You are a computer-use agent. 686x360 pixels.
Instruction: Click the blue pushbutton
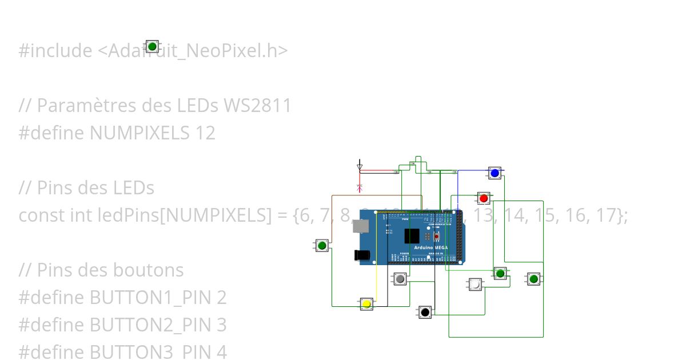(495, 173)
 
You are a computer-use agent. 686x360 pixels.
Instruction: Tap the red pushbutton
(484, 198)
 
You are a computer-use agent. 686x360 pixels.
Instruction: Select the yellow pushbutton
(366, 303)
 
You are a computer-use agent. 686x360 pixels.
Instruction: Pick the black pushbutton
(424, 312)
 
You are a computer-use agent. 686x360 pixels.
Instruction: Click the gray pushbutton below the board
(400, 279)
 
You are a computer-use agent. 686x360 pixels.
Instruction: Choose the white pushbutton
(475, 284)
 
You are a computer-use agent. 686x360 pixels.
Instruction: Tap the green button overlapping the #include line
(152, 46)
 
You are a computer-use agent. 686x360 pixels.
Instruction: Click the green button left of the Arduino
(322, 246)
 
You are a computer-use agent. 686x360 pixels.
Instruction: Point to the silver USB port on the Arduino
(360, 226)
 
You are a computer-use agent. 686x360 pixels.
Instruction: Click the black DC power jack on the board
(361, 255)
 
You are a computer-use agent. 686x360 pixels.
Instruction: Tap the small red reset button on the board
(437, 236)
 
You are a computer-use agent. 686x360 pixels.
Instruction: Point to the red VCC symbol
(360, 186)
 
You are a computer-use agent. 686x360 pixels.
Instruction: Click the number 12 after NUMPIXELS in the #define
(205, 133)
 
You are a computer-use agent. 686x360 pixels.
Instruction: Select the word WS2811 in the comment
(257, 106)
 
